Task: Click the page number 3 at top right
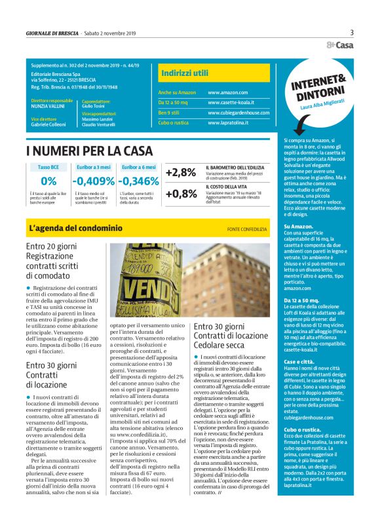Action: click(351, 32)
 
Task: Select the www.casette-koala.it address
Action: click(237, 103)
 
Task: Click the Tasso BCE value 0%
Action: click(48, 181)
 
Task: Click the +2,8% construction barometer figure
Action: click(181, 173)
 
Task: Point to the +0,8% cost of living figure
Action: click(181, 194)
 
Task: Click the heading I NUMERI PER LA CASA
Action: click(90, 151)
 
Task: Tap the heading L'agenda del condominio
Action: click(75, 228)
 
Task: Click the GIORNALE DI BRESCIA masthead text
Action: click(50, 33)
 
